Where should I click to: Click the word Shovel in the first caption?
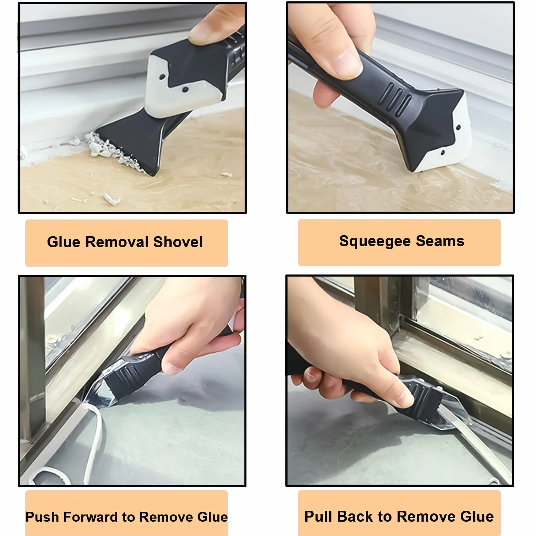click(178, 242)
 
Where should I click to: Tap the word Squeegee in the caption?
click(375, 241)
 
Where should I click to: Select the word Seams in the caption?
click(440, 241)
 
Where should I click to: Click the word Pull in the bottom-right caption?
click(319, 516)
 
